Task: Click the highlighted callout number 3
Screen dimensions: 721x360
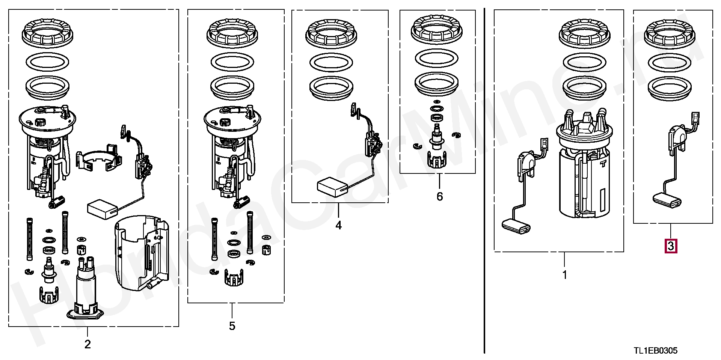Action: point(671,247)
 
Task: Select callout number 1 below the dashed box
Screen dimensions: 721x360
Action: point(564,275)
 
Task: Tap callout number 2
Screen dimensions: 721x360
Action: point(87,344)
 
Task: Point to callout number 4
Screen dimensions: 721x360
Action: point(339,225)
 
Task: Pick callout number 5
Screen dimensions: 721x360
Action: point(232,326)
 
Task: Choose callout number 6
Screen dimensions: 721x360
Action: point(440,196)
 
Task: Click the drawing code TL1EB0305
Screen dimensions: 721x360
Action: point(656,351)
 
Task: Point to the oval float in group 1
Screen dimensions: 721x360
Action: point(516,226)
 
